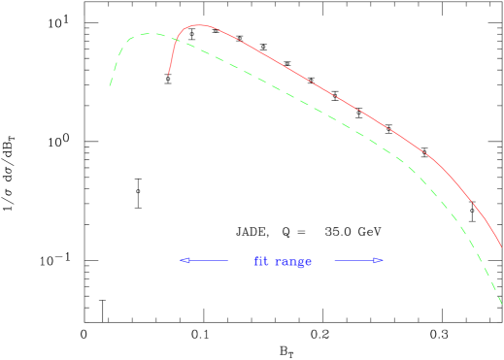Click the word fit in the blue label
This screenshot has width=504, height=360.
tap(260, 261)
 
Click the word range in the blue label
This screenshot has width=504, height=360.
tap(292, 262)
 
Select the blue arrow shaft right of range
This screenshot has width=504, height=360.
tap(353, 260)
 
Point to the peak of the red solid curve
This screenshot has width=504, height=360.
tap(198, 25)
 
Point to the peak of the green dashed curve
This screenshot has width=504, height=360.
tap(146, 34)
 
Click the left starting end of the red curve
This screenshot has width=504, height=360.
tap(169, 74)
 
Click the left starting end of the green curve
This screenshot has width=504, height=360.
tap(110, 87)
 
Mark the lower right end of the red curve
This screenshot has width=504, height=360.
tap(502, 246)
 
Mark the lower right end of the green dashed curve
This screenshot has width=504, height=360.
tap(502, 305)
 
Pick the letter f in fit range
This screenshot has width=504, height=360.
tap(256, 261)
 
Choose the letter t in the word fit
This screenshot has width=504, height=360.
tap(265, 261)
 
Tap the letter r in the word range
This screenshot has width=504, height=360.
tap(277, 262)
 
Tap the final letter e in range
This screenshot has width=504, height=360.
tap(307, 262)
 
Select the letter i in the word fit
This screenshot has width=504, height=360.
tap(260, 261)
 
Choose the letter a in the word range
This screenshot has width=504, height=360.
tap(284, 262)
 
